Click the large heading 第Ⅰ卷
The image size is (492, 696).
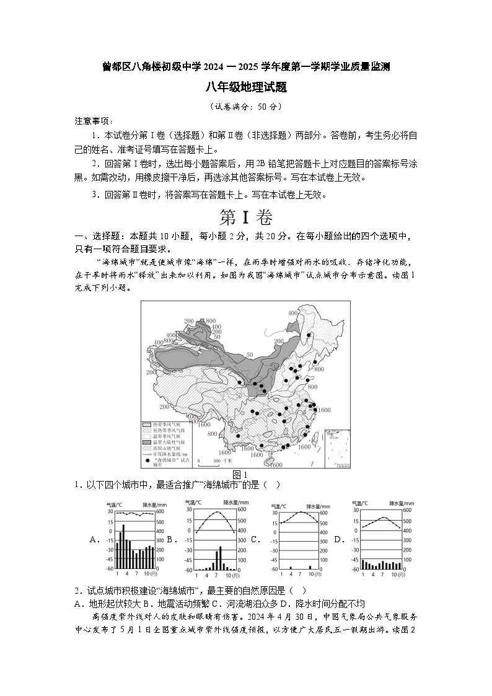tap(245, 218)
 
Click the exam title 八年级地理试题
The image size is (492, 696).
tap(245, 89)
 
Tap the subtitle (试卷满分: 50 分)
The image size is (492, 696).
tap(245, 107)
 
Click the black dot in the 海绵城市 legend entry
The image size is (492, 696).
tap(147, 461)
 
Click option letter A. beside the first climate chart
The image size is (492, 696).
tap(95, 539)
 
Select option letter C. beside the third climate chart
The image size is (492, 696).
tap(255, 539)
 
